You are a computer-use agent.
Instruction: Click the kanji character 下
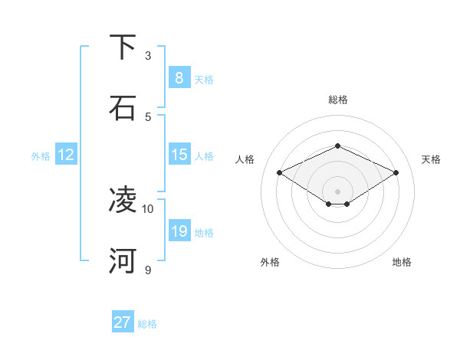pos(123,47)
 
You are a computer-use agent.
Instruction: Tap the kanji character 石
pos(123,108)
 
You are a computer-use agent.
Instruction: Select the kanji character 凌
pos(123,200)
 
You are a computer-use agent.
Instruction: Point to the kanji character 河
pos(123,260)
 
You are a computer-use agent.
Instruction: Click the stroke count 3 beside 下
pos(148,56)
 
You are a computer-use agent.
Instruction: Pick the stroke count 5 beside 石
pos(148,117)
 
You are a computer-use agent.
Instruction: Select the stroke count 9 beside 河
pos(148,270)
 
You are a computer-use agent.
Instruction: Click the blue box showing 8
pos(179,78)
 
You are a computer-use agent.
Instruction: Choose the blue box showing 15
pos(179,155)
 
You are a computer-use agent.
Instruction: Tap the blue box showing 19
pos(179,231)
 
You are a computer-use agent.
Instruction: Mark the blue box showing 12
pos(66,155)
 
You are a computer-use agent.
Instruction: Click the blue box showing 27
pos(122,322)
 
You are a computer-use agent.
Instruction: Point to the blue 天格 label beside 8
pos(204,80)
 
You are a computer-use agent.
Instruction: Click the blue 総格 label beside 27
pos(148,324)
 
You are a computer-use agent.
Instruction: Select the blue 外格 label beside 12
pos(41,156)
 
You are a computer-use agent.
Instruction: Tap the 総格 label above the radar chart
pos(338,100)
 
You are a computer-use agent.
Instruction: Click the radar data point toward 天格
pos(396,173)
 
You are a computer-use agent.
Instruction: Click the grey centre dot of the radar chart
pos(338,191)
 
